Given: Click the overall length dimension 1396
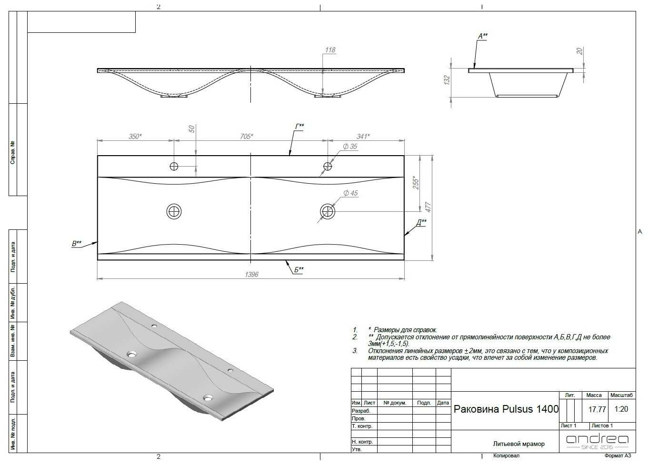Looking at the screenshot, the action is (251, 274).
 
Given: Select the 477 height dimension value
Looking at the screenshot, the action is (429, 208).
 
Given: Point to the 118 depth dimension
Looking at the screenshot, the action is (330, 50).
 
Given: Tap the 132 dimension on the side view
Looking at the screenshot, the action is (447, 80).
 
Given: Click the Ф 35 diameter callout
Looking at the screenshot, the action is (350, 147).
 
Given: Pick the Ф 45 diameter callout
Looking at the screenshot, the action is (350, 193).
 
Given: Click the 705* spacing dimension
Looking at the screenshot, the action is (247, 136).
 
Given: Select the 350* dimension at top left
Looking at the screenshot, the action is (135, 136).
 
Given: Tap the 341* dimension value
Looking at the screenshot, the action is (363, 136).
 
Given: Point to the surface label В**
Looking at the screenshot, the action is (77, 244).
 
